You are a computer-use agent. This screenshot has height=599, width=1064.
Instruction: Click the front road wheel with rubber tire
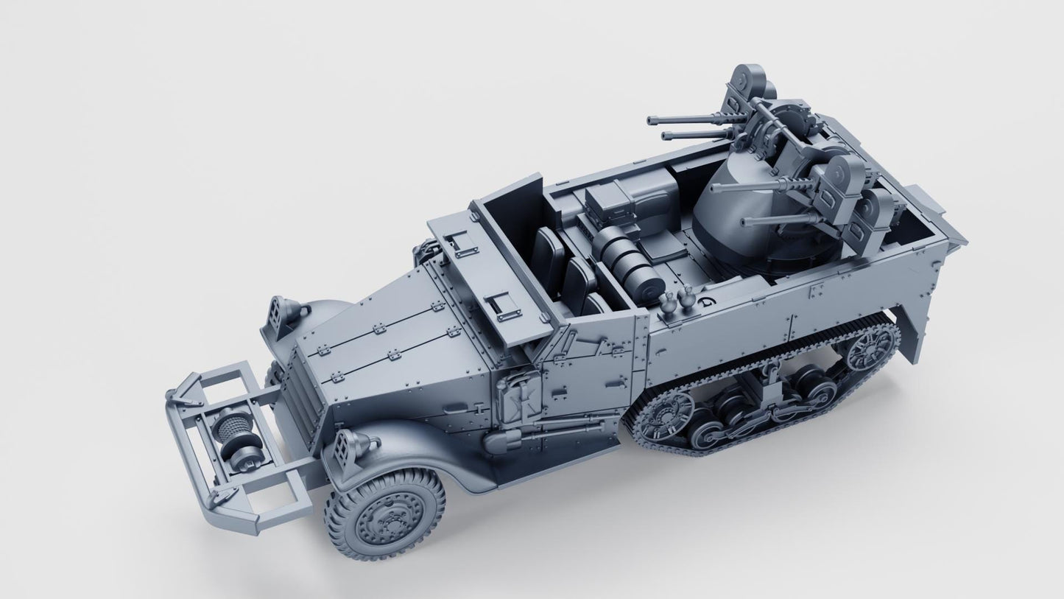click(x=384, y=513)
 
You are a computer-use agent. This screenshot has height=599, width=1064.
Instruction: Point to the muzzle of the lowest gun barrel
click(x=745, y=222)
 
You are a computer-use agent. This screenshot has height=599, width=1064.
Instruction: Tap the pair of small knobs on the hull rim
click(x=678, y=300)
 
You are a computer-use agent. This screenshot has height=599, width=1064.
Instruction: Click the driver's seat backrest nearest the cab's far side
click(x=546, y=251)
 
